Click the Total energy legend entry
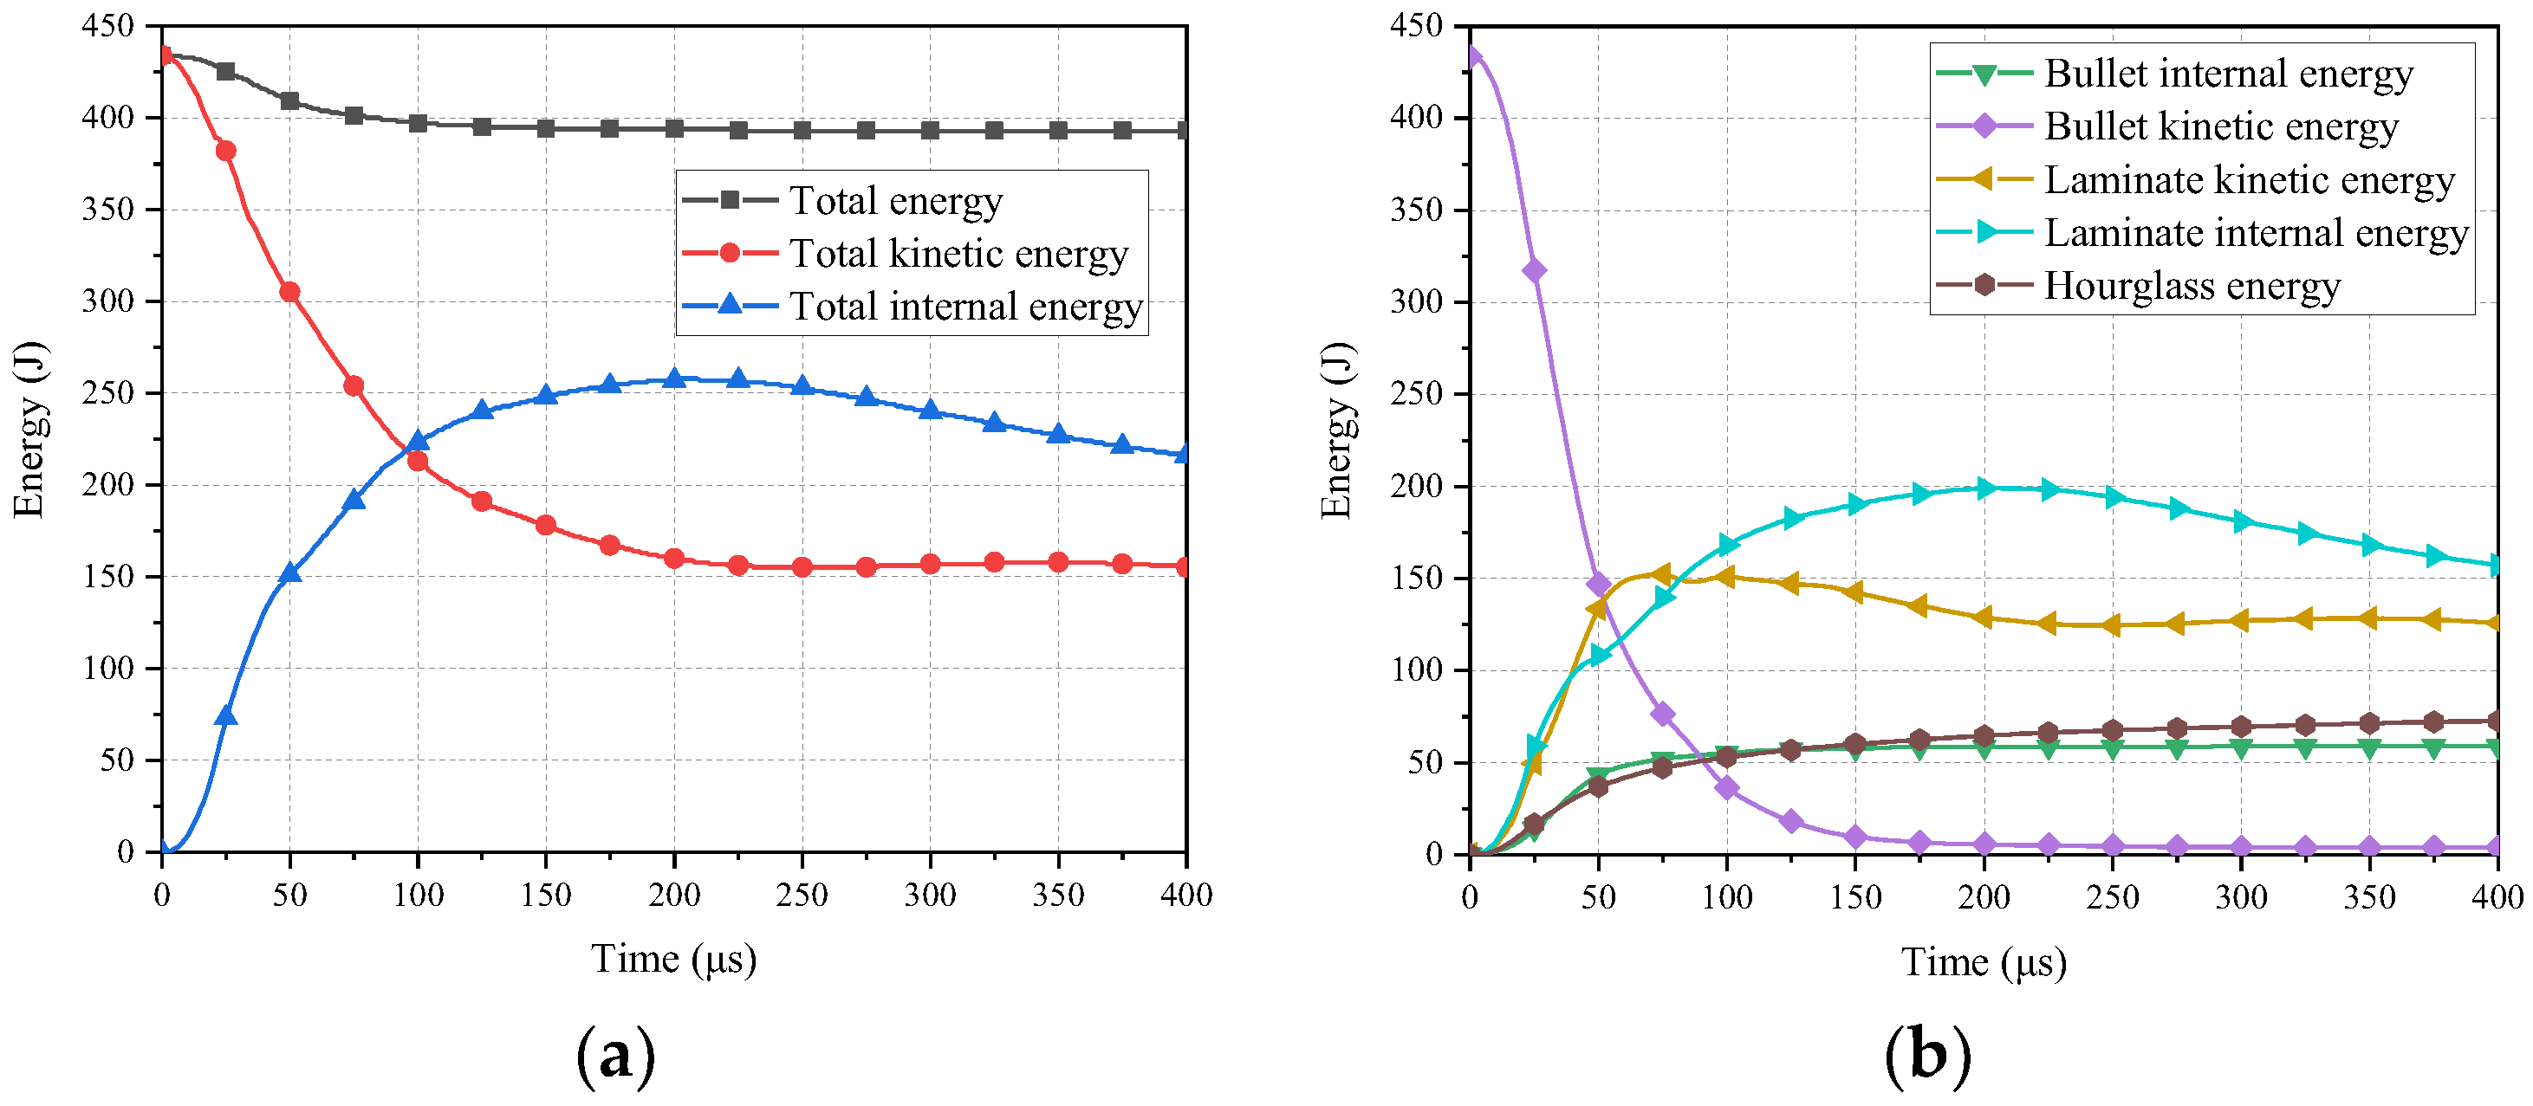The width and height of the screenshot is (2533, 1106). coord(895,201)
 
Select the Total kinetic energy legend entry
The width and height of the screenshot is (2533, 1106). coord(958,254)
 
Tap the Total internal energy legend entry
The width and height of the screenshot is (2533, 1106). coord(964,307)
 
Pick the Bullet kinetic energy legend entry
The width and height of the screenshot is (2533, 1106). coord(2220,126)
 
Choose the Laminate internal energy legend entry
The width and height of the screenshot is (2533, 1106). coord(2256,233)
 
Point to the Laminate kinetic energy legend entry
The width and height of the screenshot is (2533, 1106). coord(2249,180)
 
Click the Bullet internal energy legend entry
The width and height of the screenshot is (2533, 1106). coord(2227,74)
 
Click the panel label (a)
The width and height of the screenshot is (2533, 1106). coord(615,1056)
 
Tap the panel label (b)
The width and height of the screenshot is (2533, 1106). coord(1927,1056)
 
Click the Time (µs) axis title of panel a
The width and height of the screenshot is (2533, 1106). coord(673,959)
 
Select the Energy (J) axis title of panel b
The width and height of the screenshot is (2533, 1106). coord(1336,430)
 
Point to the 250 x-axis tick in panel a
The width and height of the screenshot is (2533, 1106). coord(802,895)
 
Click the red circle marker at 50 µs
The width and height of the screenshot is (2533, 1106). coord(290,292)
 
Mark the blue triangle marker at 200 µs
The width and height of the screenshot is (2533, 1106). coord(673,378)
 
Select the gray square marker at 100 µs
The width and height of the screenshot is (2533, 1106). coord(418,123)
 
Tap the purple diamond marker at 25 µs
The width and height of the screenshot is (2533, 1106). coord(1534,270)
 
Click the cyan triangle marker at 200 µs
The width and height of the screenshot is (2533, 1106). coord(1984,488)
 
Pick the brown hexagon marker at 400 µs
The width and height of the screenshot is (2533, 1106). coord(2496,721)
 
